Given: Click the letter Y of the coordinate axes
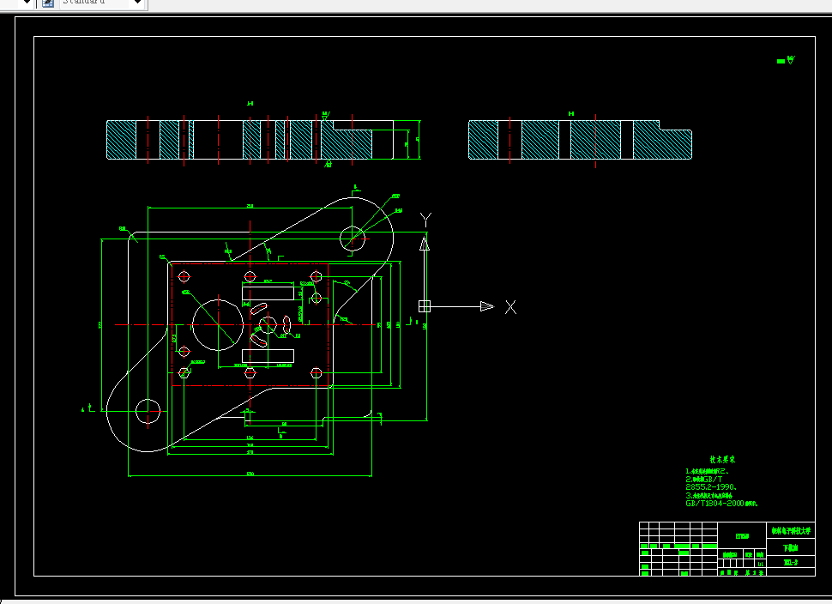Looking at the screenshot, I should (426, 219).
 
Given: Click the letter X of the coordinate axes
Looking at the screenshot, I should (510, 307).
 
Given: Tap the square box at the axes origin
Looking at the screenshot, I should (424, 306).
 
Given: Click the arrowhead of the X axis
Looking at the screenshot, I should (486, 306).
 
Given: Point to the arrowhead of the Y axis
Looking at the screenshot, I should (424, 244).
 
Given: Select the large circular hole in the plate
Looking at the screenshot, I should (217, 324).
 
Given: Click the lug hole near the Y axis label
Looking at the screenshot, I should (353, 236).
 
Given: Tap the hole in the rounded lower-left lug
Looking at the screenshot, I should (148, 411).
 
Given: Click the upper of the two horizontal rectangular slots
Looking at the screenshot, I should (268, 293).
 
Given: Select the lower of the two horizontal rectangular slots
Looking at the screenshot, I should (268, 355).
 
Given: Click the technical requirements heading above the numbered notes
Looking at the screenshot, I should (722, 460).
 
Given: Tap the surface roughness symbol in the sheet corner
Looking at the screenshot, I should (787, 61).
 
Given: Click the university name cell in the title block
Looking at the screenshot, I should (790, 532).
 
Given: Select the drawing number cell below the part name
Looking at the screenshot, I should (790, 563).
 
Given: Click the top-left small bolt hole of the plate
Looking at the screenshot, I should (184, 276).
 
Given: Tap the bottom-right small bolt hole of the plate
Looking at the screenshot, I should (316, 373).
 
